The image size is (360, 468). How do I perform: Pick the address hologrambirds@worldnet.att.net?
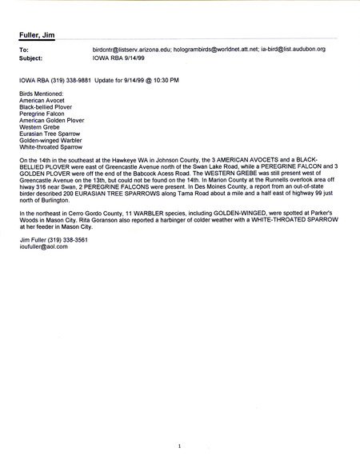228,50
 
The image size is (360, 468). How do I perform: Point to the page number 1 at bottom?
181,445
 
